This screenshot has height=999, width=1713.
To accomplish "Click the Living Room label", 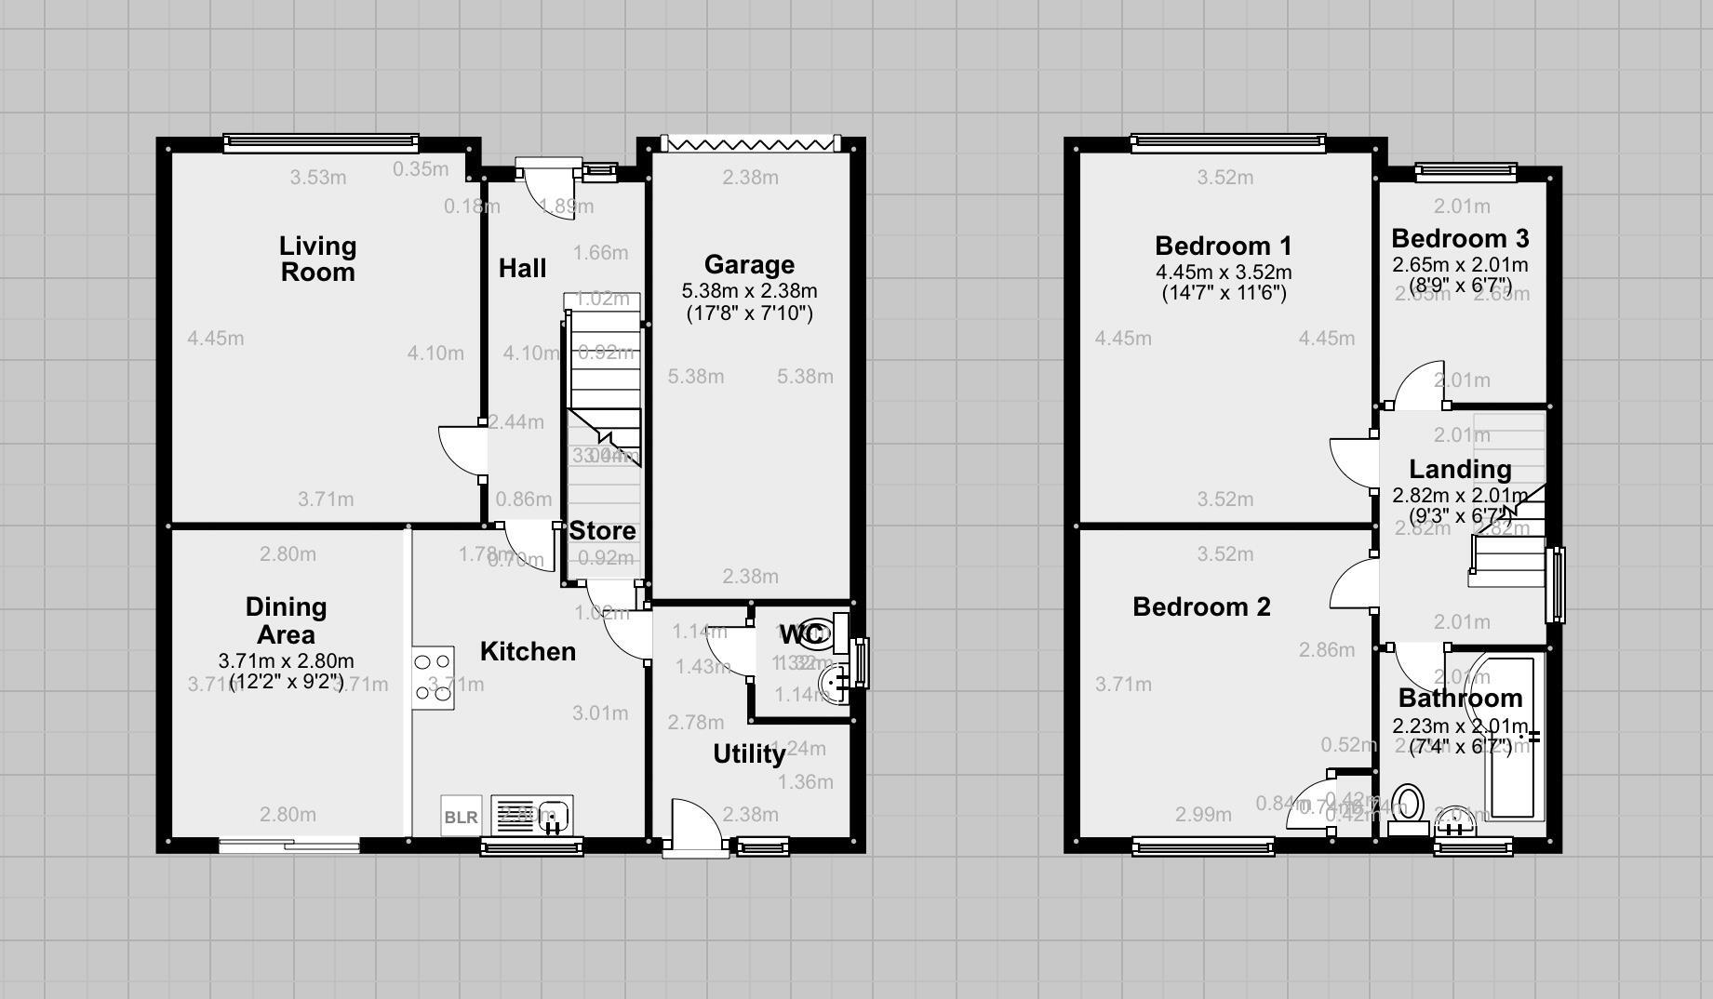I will click(317, 259).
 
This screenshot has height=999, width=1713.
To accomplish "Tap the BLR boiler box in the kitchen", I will click(461, 817).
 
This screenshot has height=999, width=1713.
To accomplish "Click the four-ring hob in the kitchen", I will click(433, 677).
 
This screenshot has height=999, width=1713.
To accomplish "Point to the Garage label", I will click(749, 265).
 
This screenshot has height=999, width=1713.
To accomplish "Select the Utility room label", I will click(749, 753).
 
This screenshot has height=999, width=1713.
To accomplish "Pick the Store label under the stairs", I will click(603, 531).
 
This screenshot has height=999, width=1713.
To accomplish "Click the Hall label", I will click(522, 269).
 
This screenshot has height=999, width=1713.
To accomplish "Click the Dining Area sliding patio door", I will click(289, 845).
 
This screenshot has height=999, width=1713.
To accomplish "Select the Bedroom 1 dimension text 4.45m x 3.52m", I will click(1224, 273).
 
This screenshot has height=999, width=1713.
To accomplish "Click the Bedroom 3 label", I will click(1460, 239).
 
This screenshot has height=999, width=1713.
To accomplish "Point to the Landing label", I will click(1459, 470).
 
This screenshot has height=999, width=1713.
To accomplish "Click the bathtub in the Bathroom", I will click(1513, 739).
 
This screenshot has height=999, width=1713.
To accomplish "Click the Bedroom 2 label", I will click(1201, 607).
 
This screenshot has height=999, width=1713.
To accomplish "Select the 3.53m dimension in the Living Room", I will click(317, 178).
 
